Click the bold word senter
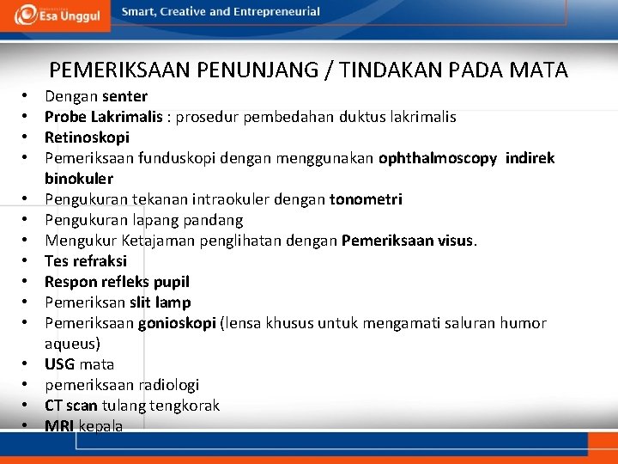(x=124, y=96)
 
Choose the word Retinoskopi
(x=87, y=137)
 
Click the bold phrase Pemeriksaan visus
(x=408, y=241)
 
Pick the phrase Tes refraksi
(x=86, y=261)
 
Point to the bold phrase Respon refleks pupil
(x=117, y=282)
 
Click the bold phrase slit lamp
(x=161, y=302)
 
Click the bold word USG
(x=60, y=364)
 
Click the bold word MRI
(x=59, y=426)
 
